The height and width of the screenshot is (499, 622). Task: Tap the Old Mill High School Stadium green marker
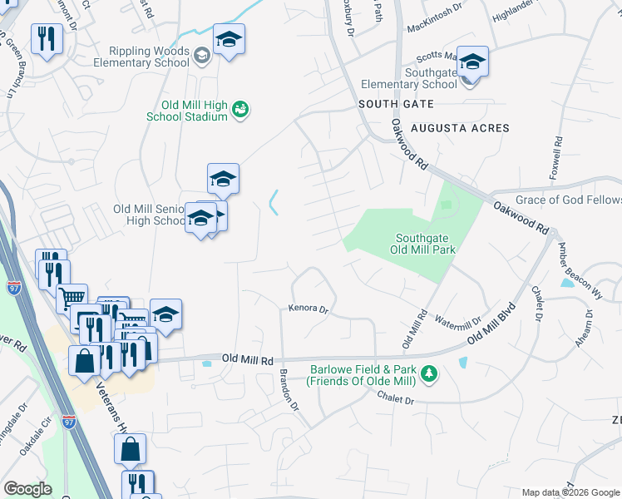pyautogui.click(x=241, y=109)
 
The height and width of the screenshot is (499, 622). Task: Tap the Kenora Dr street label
pyautogui.click(x=309, y=309)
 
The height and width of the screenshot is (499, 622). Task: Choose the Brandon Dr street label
pyautogui.click(x=289, y=389)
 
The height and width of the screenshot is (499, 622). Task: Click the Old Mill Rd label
pyautogui.click(x=248, y=359)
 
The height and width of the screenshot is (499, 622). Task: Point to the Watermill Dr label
pyautogui.click(x=458, y=321)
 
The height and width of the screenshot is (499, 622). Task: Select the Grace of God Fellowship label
pyautogui.click(x=569, y=200)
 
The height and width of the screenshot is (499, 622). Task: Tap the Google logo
pyautogui.click(x=28, y=489)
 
